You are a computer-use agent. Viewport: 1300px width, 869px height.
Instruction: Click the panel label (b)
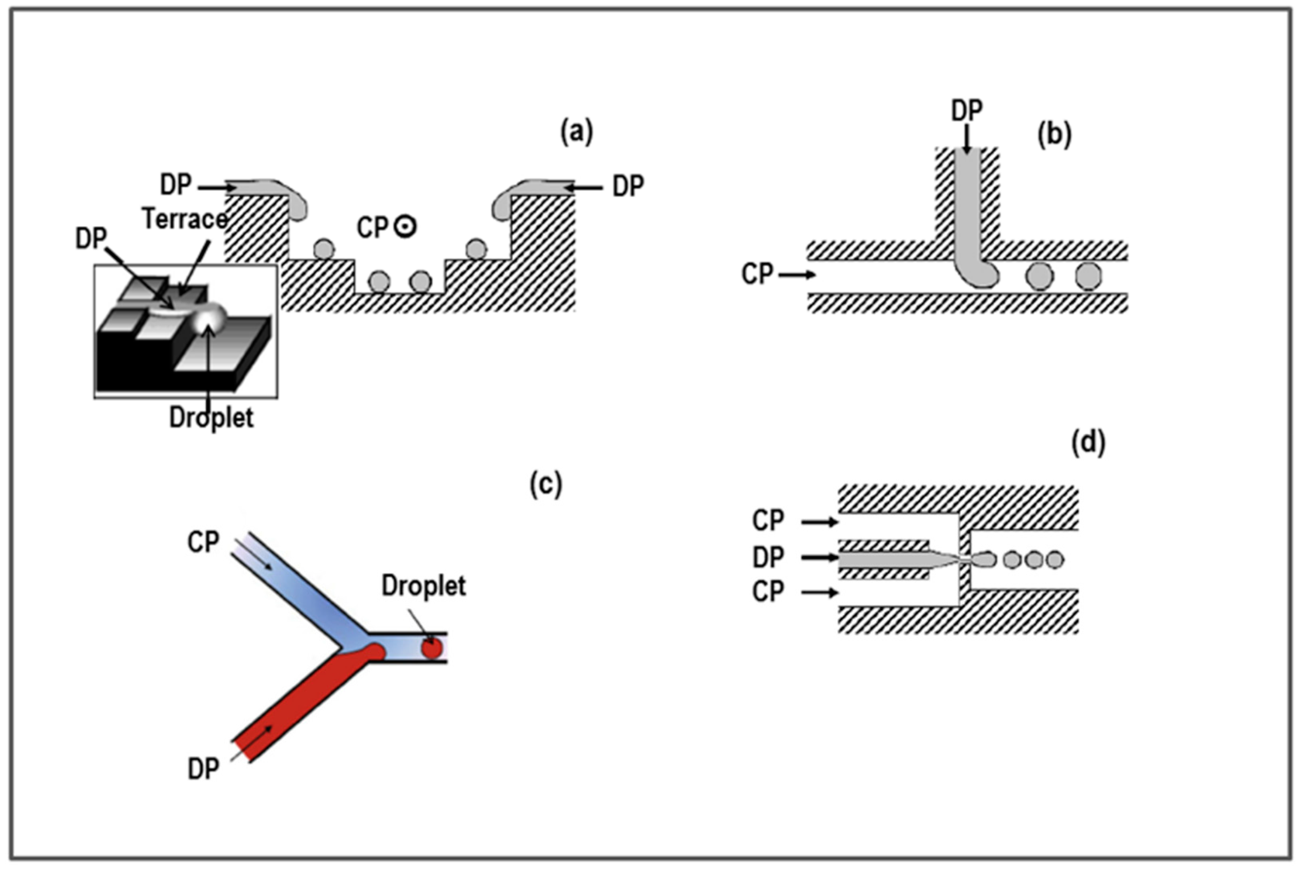tap(1054, 134)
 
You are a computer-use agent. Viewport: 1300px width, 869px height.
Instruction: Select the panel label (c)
tap(545, 484)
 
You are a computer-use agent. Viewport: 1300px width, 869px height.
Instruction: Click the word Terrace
tap(185, 219)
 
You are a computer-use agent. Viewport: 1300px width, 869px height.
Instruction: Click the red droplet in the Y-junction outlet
tap(431, 648)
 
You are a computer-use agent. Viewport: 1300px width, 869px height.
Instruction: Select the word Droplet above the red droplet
tap(424, 586)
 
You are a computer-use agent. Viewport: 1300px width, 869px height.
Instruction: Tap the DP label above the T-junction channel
tap(966, 111)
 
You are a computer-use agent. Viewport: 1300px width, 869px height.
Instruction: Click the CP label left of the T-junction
tap(757, 274)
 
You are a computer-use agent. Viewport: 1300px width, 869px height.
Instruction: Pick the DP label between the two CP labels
tap(768, 557)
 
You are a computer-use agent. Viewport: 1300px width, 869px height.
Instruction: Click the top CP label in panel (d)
tap(768, 520)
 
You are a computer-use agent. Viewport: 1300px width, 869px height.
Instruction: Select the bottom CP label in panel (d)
tap(768, 592)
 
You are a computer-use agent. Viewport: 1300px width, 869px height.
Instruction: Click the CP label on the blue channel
tap(203, 541)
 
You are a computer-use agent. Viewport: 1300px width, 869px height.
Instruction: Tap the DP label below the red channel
tap(203, 769)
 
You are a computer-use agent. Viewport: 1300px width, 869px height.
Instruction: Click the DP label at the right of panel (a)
tap(628, 186)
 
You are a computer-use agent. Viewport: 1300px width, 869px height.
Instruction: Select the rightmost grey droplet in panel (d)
tap(1055, 560)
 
